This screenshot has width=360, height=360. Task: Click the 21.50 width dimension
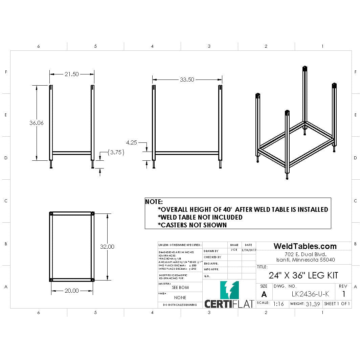tap(72, 74)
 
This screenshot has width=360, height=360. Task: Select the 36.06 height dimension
tap(37, 123)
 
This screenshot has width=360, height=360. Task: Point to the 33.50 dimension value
tap(187, 80)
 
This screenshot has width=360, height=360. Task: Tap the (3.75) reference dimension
tap(116, 153)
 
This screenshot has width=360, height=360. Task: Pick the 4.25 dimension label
tap(131, 143)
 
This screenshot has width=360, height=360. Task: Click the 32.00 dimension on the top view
tap(107, 247)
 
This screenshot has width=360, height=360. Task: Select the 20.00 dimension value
tap(72, 291)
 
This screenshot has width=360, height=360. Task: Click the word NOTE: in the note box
tap(154, 202)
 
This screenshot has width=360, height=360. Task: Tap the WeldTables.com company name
tap(305, 246)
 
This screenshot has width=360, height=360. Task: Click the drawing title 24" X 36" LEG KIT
tap(303, 275)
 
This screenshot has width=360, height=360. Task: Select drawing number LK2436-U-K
tap(310, 294)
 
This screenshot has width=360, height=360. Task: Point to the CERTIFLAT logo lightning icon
tap(229, 290)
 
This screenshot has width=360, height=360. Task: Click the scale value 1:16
tap(278, 304)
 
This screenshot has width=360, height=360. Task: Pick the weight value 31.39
tap(313, 304)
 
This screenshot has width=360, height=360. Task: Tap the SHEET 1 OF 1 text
tap(337, 304)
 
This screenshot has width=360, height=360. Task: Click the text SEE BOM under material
tap(180, 288)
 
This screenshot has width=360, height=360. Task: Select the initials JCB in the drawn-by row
tap(234, 250)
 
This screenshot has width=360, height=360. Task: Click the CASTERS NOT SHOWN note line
tap(192, 225)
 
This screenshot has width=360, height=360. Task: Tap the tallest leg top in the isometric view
tap(305, 69)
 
